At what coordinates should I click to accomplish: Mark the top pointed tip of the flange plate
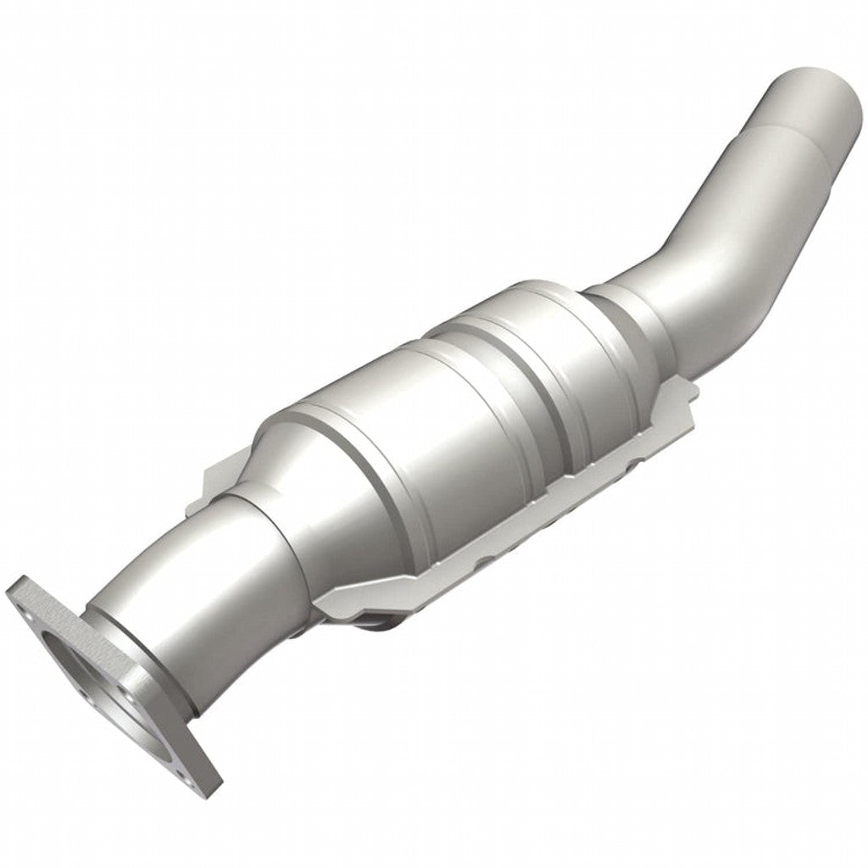19,584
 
